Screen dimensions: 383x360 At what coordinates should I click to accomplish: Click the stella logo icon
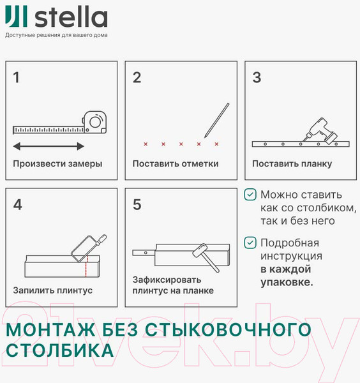(13, 18)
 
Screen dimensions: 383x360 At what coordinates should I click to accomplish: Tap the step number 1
(17, 78)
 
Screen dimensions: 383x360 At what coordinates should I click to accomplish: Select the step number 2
(137, 78)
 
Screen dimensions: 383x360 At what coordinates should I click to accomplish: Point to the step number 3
(257, 78)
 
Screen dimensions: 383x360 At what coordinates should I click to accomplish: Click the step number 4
(17, 205)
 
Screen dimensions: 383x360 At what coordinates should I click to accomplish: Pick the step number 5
(137, 205)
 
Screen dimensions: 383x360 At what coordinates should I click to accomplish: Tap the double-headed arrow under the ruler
(48, 145)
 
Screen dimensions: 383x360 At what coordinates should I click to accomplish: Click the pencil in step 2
(216, 120)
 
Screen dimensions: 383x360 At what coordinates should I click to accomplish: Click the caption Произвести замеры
(57, 163)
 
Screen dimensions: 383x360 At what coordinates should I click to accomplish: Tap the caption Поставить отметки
(176, 163)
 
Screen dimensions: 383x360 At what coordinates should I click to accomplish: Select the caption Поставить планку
(292, 163)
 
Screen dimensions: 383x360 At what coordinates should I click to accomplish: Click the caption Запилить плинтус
(53, 290)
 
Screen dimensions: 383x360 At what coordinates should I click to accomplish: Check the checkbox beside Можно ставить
(251, 195)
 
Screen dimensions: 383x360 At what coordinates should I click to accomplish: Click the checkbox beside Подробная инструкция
(251, 243)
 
